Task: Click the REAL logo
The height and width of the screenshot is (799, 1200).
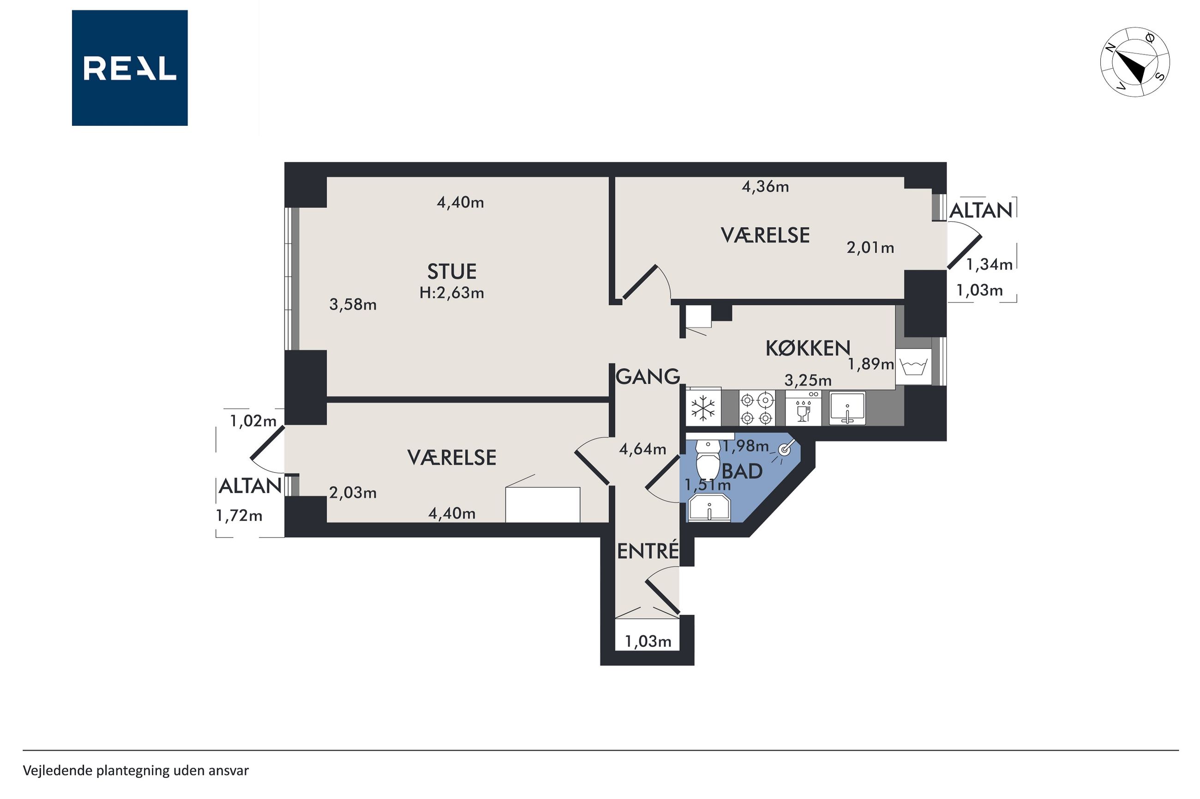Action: (130, 68)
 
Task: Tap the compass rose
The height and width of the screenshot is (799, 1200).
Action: (1135, 62)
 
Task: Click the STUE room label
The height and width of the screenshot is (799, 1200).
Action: (452, 272)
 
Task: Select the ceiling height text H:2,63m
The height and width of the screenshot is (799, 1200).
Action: (452, 293)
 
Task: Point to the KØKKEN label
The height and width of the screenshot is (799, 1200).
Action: (808, 348)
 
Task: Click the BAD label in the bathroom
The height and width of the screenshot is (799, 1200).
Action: (742, 471)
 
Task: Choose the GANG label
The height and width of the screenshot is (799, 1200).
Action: (648, 377)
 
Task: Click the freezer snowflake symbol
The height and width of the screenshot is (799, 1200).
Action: (703, 408)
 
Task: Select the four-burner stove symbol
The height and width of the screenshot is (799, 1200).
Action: (756, 408)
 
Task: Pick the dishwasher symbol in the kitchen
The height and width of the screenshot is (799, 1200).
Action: (803, 408)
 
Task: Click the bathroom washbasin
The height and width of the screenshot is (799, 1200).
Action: (709, 508)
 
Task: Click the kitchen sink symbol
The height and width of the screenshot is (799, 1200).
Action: (847, 408)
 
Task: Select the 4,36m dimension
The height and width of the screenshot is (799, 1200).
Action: (765, 187)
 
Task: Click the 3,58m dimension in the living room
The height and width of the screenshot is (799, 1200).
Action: (353, 305)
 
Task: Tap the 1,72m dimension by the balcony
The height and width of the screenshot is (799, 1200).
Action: (239, 516)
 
